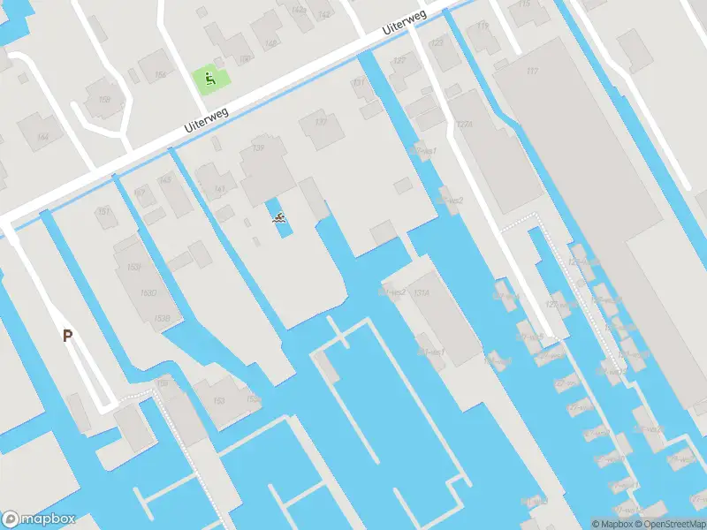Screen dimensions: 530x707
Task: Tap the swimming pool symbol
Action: point(279,217)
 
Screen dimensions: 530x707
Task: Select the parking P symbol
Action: point(67,335)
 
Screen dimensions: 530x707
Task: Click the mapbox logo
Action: point(38,519)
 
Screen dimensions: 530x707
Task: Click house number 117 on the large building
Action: point(531,71)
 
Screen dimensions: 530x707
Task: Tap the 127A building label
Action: point(465,125)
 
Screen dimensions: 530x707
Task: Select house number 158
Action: point(104,100)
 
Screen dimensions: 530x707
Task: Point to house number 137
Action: point(322,121)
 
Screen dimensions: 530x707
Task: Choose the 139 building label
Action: point(258,148)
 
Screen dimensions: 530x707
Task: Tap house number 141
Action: point(220,188)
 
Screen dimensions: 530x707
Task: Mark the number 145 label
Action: point(164,180)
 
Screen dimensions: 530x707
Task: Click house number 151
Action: point(104,211)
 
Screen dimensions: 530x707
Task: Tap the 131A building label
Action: point(422,292)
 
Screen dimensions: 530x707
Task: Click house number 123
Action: point(437,42)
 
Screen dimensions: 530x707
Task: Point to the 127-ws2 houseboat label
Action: point(452,201)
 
